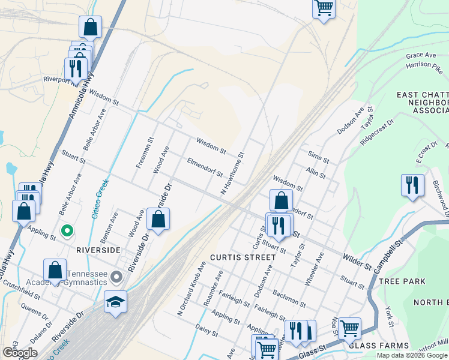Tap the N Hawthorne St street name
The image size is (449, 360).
pos(233,173)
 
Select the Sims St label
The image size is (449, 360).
pos(318,158)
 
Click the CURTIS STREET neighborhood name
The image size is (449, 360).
pos(243,257)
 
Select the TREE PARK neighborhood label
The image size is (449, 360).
pos(402,281)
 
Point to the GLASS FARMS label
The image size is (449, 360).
pos(379,346)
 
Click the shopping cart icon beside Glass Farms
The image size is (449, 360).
pos(349,328)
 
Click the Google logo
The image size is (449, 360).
pos(20,353)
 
